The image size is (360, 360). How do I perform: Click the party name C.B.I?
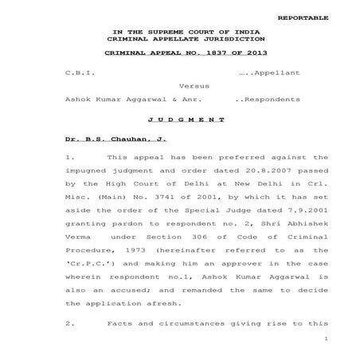coord(80,73)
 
